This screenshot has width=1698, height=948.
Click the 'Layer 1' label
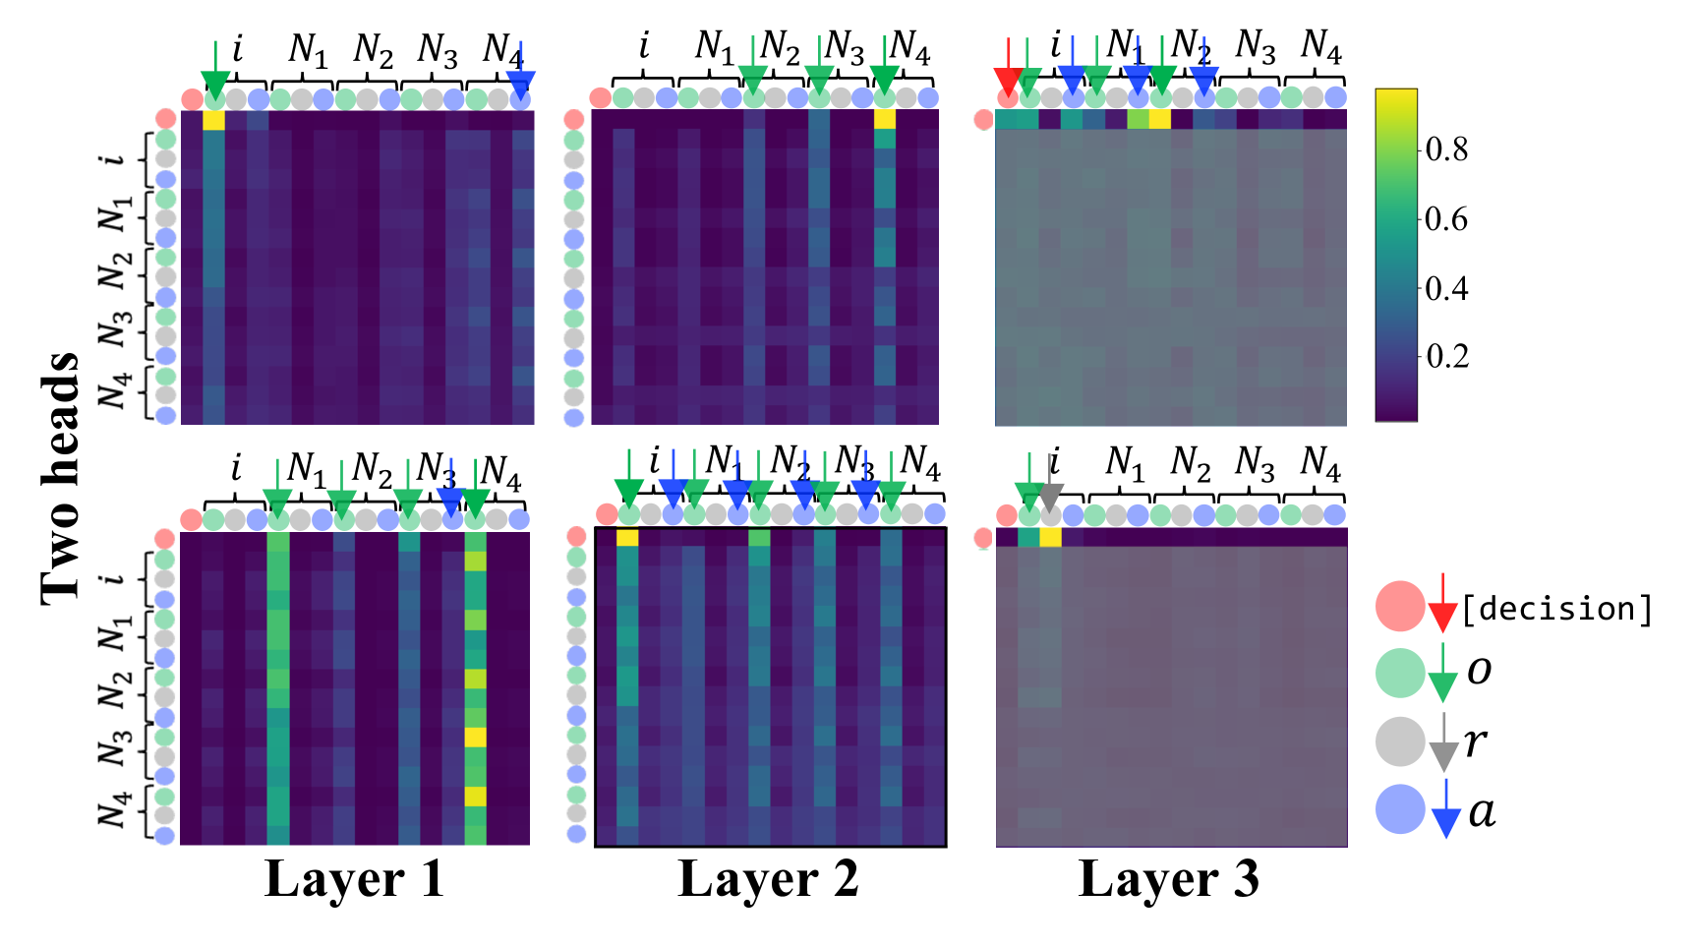coord(354,879)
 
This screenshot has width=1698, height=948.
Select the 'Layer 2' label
coord(768,879)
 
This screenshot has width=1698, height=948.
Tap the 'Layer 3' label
coord(1168,879)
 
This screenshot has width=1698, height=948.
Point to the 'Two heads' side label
coord(61,478)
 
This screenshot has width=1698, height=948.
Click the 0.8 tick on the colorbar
coord(1446,149)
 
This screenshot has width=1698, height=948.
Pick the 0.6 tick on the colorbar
coord(1446,218)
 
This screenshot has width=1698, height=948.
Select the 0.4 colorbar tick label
coord(1446,288)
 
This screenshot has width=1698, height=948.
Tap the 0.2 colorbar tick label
coord(1446,356)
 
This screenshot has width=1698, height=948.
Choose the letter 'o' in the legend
coord(1479,671)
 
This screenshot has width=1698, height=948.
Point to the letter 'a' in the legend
coord(1482,812)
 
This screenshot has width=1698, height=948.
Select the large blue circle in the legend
coord(1400,810)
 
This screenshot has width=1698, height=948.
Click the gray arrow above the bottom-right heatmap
coord(1051,486)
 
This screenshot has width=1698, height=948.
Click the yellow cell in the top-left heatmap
coord(213,121)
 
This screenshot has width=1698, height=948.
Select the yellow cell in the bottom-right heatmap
coord(1050,537)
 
